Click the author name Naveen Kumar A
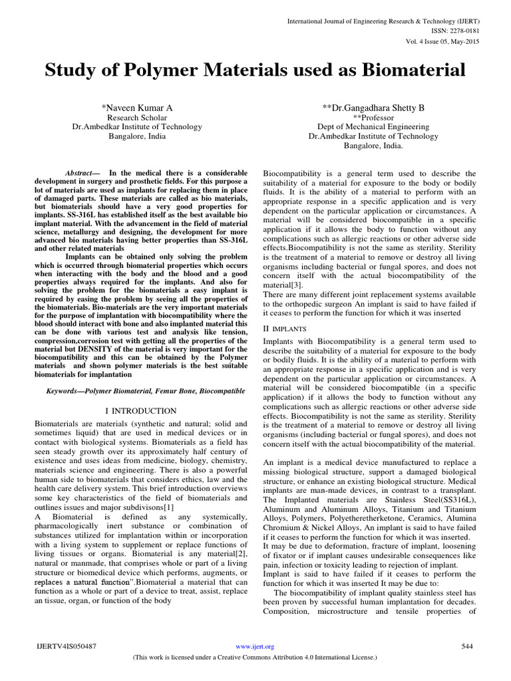pyautogui.click(x=138, y=107)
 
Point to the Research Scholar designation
pyautogui.click(x=137, y=117)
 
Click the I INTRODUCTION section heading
pyautogui.click(x=141, y=411)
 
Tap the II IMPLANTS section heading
pyautogui.click(x=285, y=328)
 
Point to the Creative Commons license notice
pyautogui.click(x=255, y=657)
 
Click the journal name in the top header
pyautogui.click(x=384, y=21)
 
